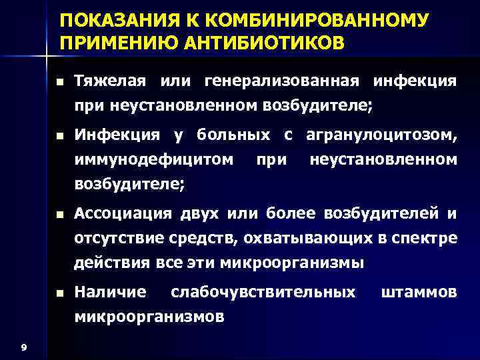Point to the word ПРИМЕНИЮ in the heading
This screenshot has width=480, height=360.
tap(118, 43)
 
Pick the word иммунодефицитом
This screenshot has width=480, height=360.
tap(154, 159)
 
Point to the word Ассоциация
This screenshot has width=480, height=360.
tap(123, 213)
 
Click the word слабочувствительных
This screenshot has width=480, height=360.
tap(263, 292)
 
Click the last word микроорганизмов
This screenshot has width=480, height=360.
tap(149, 316)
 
